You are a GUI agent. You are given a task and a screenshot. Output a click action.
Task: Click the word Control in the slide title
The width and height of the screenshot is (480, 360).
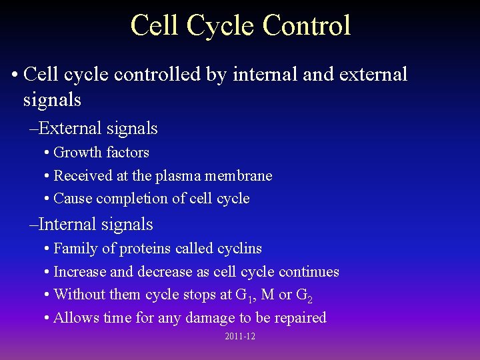pyautogui.click(x=307, y=25)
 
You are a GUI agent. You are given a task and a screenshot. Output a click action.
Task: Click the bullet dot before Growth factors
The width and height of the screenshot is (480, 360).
pyautogui.click(x=46, y=153)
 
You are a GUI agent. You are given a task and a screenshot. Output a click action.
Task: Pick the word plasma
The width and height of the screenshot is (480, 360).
pyautogui.click(x=178, y=176)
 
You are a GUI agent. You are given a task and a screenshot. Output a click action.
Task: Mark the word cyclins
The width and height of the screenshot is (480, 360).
pyautogui.click(x=239, y=249)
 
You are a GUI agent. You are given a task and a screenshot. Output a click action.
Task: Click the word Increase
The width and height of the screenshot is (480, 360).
pyautogui.click(x=79, y=272)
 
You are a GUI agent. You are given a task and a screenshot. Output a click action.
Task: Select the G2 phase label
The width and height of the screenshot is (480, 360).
pyautogui.click(x=305, y=295)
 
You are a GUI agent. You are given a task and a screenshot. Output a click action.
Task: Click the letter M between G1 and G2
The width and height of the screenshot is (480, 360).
pyautogui.click(x=267, y=295)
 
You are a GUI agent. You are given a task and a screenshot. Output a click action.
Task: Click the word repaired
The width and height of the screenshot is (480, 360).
pyautogui.click(x=298, y=318)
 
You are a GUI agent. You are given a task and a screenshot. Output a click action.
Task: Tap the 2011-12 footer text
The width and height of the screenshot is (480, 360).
pyautogui.click(x=240, y=337)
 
